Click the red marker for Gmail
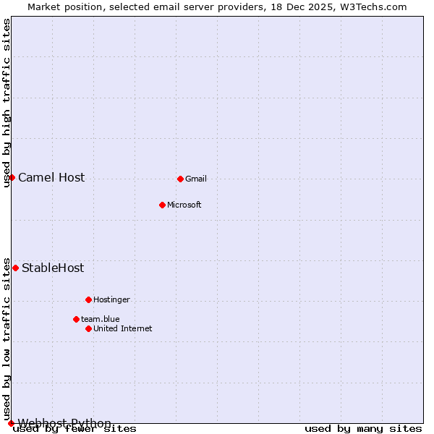point(180,179)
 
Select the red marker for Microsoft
point(162,205)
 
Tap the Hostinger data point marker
point(88,299)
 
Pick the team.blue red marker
point(76,319)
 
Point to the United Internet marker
point(88,328)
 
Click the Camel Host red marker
point(12,177)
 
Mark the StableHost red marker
point(15,268)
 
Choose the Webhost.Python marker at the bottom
point(11,423)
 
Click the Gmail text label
point(195,179)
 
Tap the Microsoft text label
point(184,205)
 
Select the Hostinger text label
point(111,299)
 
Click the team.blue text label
point(100,319)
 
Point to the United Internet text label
point(122,328)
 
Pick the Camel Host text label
point(51,177)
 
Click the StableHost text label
point(53,268)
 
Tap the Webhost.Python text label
point(64,423)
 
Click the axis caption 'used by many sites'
point(362,428)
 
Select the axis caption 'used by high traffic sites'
point(7,103)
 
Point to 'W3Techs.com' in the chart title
point(375,7)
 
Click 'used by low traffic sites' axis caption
point(7,339)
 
